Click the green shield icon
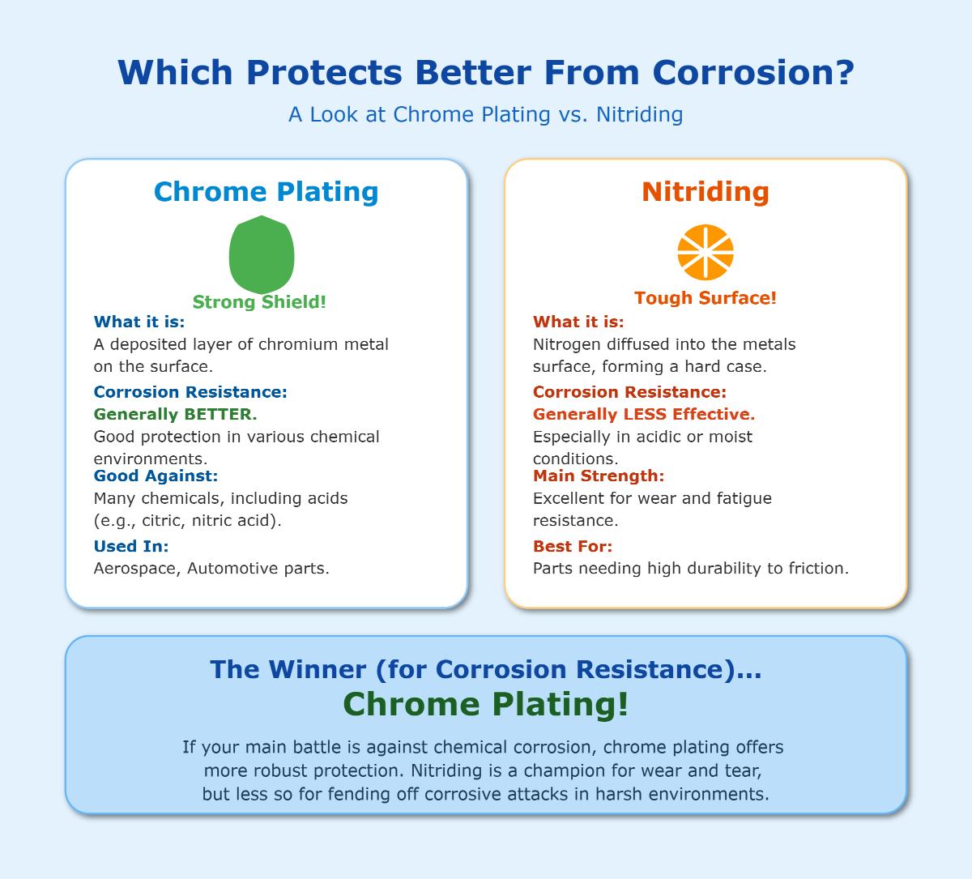pyautogui.click(x=262, y=254)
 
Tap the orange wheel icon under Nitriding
pyautogui.click(x=706, y=252)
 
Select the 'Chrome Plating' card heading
pyautogui.click(x=266, y=192)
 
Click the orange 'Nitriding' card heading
pyautogui.click(x=706, y=192)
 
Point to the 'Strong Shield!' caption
pyautogui.click(x=259, y=302)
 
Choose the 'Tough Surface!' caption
pyautogui.click(x=706, y=297)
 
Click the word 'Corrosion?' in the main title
pyautogui.click(x=753, y=73)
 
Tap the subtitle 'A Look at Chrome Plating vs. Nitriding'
pyautogui.click(x=485, y=115)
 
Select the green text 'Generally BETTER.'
pyautogui.click(x=176, y=414)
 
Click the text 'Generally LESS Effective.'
pyautogui.click(x=644, y=414)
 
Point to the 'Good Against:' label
pyautogui.click(x=156, y=476)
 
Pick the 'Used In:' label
pyautogui.click(x=131, y=546)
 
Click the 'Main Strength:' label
pyautogui.click(x=599, y=476)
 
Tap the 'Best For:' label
pyautogui.click(x=573, y=546)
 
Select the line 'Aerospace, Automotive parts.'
pyautogui.click(x=211, y=568)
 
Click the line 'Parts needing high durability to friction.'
pyautogui.click(x=691, y=568)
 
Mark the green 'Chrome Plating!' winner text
pyautogui.click(x=485, y=705)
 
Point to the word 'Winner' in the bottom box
pyautogui.click(x=317, y=669)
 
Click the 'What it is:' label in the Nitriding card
pyautogui.click(x=578, y=322)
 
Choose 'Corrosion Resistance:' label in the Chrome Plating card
pyautogui.click(x=190, y=392)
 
